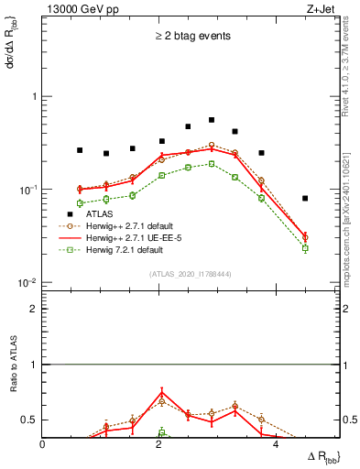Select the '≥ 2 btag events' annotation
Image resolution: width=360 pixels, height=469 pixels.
coord(193,37)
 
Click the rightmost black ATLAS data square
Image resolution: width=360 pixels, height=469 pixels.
coord(305,198)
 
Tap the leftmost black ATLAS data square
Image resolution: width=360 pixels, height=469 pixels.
coord(80,150)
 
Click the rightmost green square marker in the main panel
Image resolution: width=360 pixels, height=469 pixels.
coord(305,248)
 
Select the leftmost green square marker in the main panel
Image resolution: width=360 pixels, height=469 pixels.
coord(80,203)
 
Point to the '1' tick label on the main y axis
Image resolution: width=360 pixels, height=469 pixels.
coord(34,96)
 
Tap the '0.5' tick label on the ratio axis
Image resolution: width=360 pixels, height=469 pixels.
coord(29,420)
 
